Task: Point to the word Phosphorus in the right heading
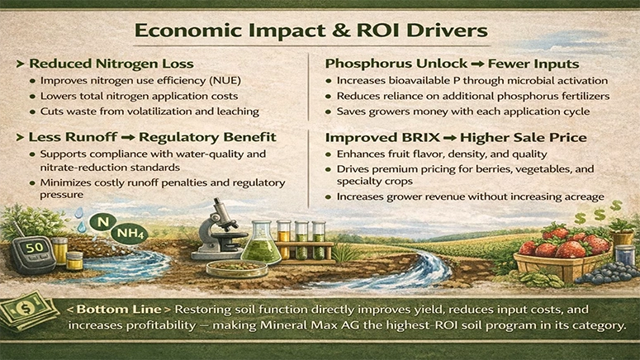pyautogui.click(x=367, y=63)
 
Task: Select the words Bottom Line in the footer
pyautogui.click(x=112, y=309)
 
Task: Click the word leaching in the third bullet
pyautogui.click(x=237, y=111)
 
